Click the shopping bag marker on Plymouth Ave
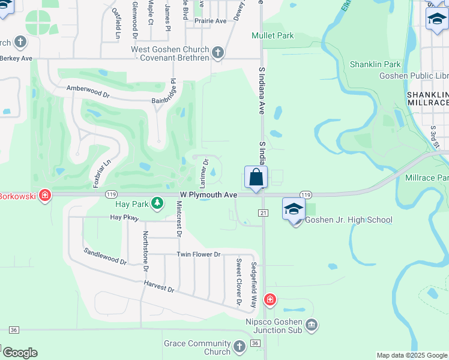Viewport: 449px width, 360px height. click(256, 178)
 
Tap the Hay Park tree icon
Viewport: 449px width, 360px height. click(157, 203)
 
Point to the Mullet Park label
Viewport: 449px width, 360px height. click(273, 35)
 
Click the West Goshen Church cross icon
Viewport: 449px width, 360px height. click(217, 53)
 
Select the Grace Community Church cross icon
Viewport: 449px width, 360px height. click(239, 347)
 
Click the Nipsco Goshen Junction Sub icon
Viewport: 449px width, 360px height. click(311, 325)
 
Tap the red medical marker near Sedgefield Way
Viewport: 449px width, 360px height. click(270, 299)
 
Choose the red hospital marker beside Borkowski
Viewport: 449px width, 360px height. click(44, 196)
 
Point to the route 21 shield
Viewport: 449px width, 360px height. click(263, 213)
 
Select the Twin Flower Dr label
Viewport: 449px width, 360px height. click(199, 254)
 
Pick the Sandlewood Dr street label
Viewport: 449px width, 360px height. click(105, 257)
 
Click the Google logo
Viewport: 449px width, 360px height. click(20, 353)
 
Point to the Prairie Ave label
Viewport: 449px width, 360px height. click(209, 20)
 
